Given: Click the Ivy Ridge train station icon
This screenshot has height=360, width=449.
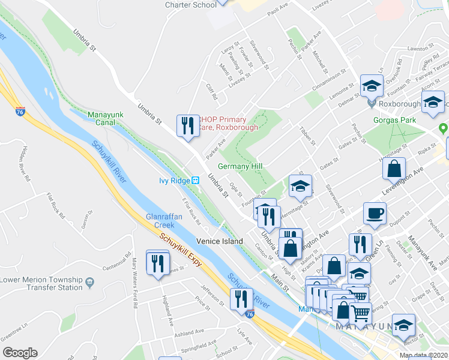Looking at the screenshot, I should coord(196,181).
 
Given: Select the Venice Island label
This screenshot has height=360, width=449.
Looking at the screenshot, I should coord(220,241).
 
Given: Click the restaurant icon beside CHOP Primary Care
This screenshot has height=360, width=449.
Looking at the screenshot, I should coord(188,125).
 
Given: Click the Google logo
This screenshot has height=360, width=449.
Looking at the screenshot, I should coord(19,353).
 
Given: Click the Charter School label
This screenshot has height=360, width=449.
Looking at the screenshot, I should coord(191,5).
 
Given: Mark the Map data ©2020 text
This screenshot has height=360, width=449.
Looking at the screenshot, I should coord(424,356).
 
